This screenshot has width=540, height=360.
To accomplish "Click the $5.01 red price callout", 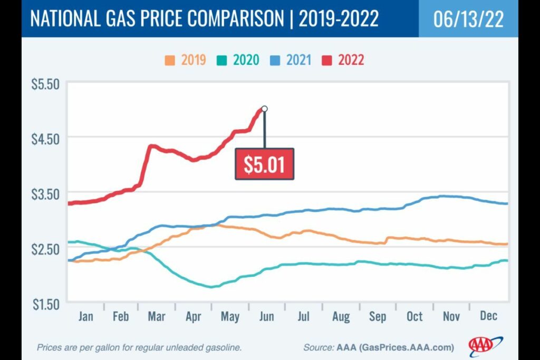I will (x=264, y=164).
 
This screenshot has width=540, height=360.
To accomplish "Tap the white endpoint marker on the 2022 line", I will (x=264, y=109).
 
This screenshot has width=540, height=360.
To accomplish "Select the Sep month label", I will (x=377, y=316).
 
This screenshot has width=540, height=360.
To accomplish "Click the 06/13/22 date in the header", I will (x=468, y=19).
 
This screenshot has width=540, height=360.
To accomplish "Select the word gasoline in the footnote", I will (x=223, y=348).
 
